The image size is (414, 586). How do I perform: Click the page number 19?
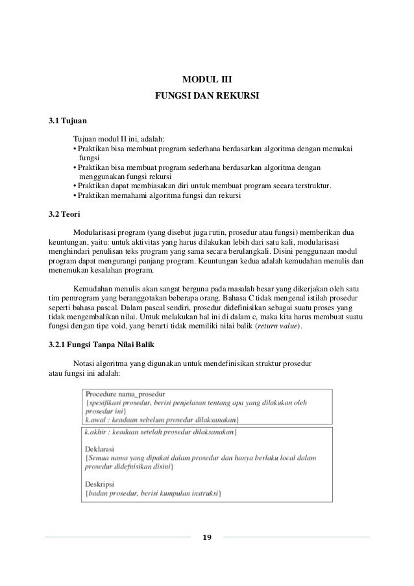(x=207, y=537)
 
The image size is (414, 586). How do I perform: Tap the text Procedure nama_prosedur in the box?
(x=125, y=393)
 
